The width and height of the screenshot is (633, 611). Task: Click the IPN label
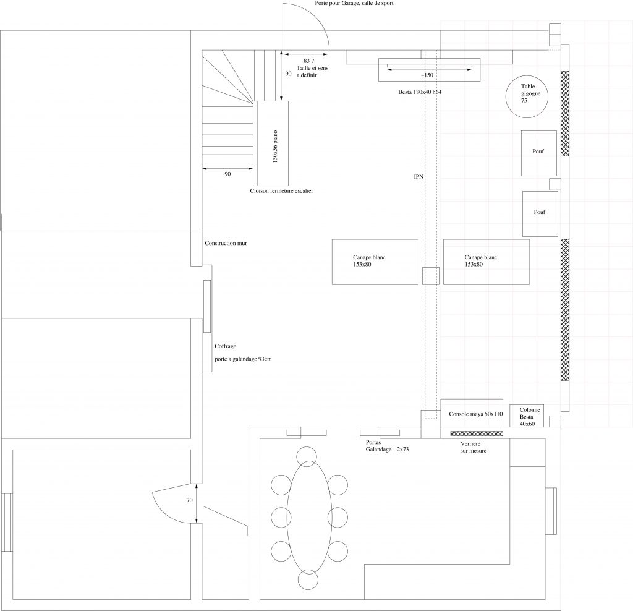tap(418, 177)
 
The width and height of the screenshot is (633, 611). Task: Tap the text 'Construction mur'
tap(226, 243)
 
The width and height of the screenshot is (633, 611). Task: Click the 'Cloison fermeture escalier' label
tap(281, 191)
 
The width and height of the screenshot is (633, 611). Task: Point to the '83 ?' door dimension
tap(309, 61)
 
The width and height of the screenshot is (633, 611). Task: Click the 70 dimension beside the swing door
tap(190, 500)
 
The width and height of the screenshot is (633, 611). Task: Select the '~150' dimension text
tap(427, 75)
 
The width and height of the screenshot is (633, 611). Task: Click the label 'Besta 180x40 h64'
tap(420, 92)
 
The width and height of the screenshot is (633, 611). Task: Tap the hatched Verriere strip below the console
tap(477, 434)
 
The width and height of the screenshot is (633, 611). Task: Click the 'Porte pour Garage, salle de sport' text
tap(354, 3)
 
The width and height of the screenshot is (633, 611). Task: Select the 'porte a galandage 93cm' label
tap(243, 359)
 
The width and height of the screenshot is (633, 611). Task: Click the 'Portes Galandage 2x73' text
tap(387, 446)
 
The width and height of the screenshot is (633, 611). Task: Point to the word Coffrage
tap(225, 346)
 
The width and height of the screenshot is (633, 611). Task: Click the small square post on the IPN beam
tap(431, 276)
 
